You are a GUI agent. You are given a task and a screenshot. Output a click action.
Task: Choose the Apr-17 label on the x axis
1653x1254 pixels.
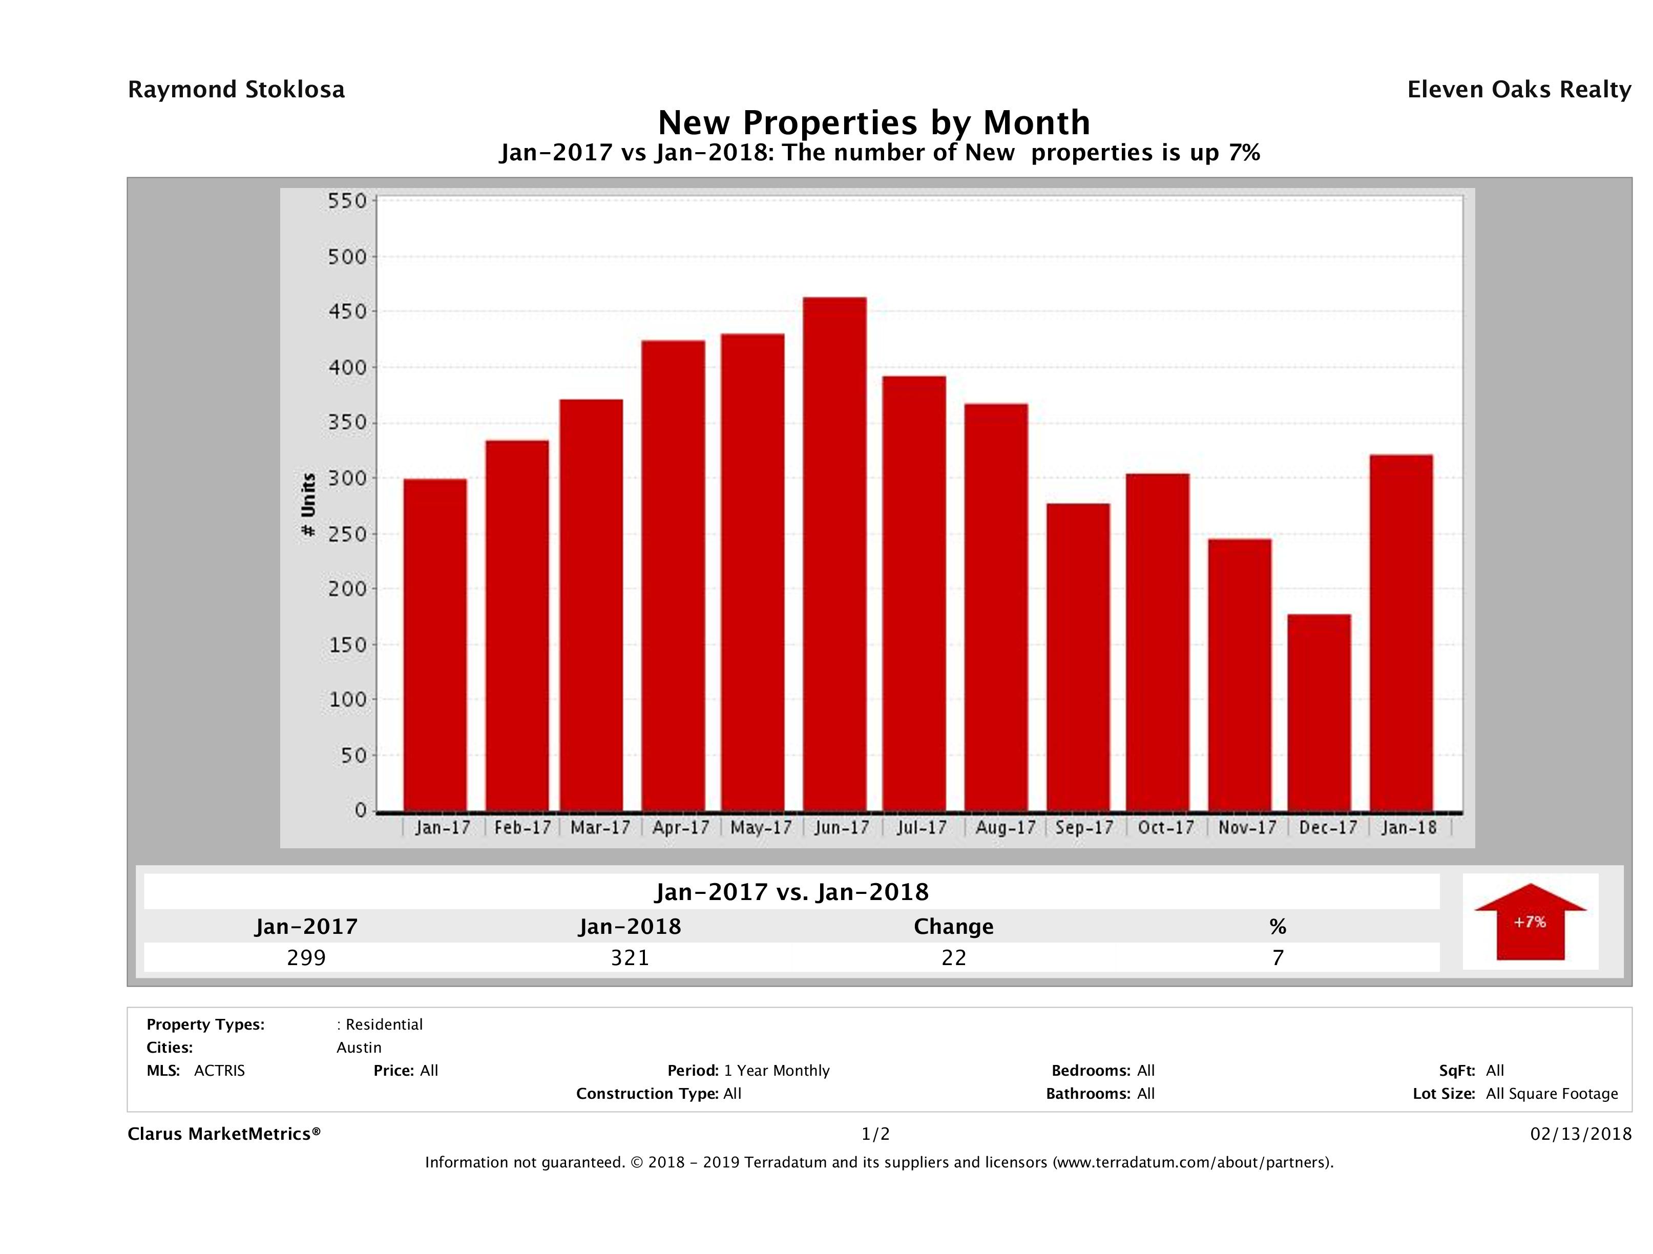(680, 827)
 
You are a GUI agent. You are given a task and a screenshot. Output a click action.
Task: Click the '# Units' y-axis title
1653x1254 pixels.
(308, 505)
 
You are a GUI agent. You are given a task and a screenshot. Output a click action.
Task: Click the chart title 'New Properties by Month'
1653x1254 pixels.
(873, 122)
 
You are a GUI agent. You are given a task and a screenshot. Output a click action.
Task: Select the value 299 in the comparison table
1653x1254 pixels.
(306, 957)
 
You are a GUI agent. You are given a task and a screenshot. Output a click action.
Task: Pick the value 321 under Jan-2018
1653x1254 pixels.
(630, 957)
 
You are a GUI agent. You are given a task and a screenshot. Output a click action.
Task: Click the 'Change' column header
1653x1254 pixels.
(954, 927)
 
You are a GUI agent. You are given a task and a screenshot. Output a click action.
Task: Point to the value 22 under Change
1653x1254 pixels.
(954, 957)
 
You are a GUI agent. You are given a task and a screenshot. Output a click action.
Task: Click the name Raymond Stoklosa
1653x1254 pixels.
(236, 90)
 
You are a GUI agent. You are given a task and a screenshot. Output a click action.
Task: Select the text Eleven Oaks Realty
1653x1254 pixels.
(1518, 90)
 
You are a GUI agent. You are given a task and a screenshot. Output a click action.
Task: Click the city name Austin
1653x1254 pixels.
(359, 1048)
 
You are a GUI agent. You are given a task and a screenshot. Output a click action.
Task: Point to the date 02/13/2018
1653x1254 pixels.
(1580, 1135)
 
